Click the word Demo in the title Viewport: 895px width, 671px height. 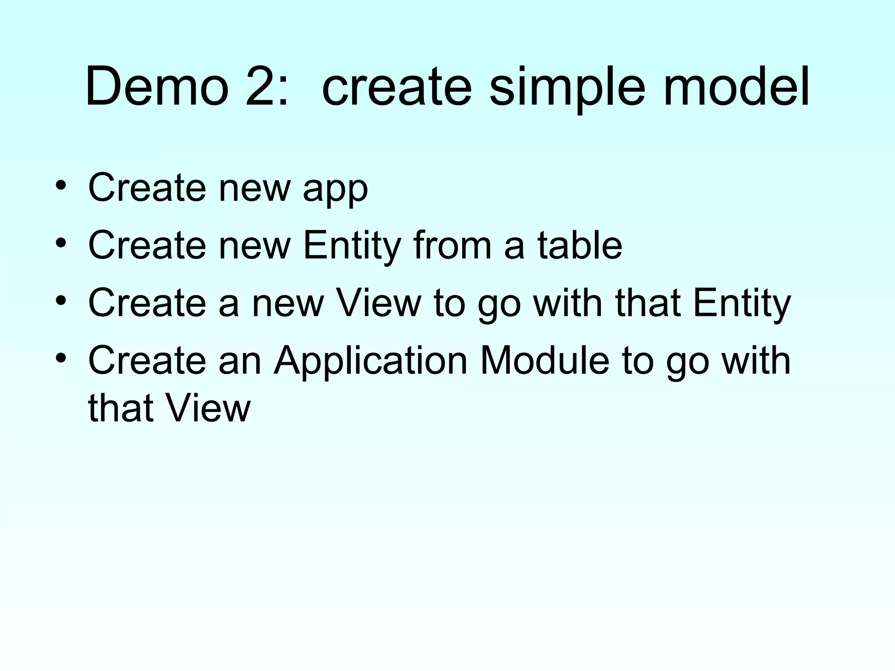click(157, 86)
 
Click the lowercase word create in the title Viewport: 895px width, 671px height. click(397, 86)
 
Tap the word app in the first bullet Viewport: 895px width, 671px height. click(335, 188)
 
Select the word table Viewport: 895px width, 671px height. click(579, 246)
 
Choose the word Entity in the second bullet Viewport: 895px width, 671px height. click(352, 246)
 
